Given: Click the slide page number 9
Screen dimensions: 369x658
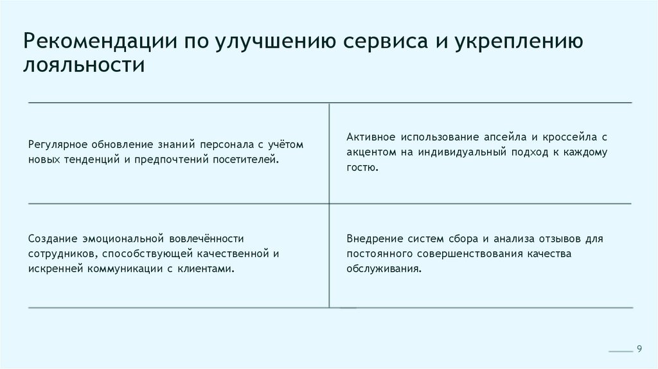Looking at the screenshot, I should tap(639, 348).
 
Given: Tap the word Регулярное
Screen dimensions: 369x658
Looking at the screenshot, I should tap(56, 144).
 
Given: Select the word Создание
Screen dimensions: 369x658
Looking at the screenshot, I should tap(51, 239).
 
